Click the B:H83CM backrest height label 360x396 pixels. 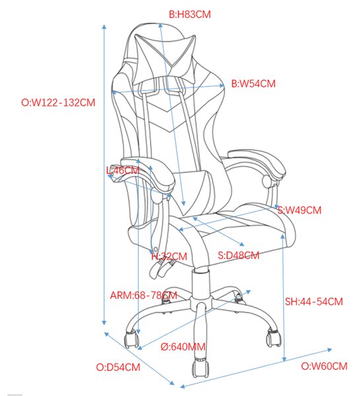(x=190, y=15)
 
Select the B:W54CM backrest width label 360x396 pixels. (x=253, y=84)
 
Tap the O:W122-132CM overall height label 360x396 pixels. (x=58, y=102)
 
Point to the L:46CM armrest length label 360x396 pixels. (x=123, y=170)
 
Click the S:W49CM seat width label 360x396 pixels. (x=299, y=210)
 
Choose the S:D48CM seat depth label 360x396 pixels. (x=238, y=255)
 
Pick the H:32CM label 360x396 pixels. (x=169, y=256)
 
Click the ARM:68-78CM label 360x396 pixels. (x=143, y=295)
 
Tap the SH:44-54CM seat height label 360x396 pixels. (x=314, y=302)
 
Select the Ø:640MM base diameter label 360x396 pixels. (x=183, y=346)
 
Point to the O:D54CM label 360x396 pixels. (x=118, y=367)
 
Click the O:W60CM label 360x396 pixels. (x=324, y=366)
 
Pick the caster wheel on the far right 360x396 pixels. (x=273, y=337)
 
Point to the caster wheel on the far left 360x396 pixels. (x=131, y=339)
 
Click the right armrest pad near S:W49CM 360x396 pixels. (x=257, y=162)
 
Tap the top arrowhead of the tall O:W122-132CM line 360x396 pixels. (x=104, y=26)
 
